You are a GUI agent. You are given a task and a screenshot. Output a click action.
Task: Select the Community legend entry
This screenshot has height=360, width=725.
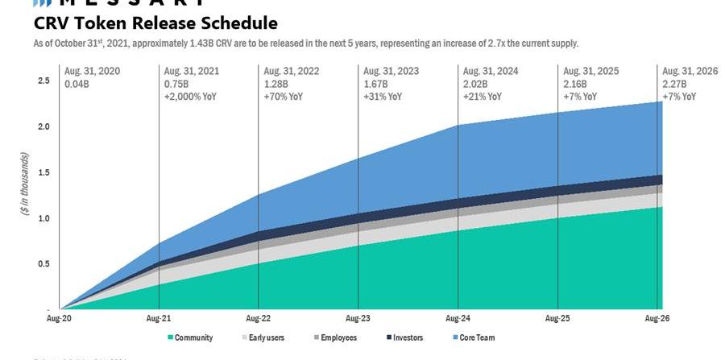point(193,337)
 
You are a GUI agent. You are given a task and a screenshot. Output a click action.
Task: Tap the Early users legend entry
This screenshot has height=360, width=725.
point(266,337)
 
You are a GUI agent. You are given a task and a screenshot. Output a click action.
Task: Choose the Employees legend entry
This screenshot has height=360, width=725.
point(338,337)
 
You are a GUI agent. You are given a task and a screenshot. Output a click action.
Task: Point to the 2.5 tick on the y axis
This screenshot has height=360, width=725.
point(43,81)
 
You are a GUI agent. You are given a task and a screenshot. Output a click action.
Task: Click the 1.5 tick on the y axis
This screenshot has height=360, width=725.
point(43,172)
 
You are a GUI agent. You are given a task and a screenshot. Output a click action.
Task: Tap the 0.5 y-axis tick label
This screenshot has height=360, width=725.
point(43,263)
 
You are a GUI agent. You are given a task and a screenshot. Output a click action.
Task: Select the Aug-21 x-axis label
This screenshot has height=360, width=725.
point(158,318)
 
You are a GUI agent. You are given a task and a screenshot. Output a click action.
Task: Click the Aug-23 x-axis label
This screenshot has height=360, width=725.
point(358,318)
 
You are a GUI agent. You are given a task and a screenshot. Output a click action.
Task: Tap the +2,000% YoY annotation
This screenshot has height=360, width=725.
point(190,97)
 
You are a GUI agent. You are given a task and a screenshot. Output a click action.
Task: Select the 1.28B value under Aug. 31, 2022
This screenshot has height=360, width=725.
point(275,84)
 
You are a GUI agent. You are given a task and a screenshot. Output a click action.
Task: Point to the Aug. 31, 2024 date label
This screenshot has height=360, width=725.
point(491,71)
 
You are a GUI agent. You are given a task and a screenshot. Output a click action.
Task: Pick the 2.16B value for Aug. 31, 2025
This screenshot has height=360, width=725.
point(575,84)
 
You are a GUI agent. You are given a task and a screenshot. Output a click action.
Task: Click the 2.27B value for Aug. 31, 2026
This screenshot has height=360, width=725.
point(675,84)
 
